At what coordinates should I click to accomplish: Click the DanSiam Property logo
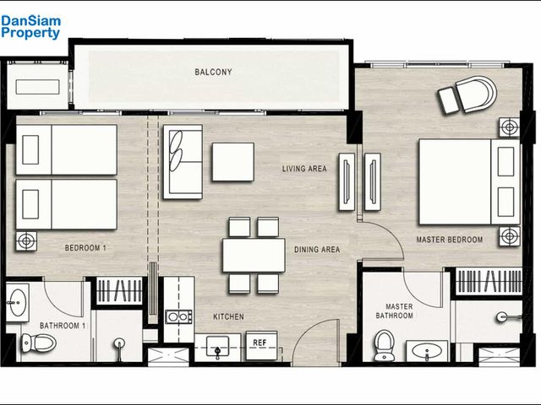coord(30,27)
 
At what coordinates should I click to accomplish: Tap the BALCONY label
coord(213,72)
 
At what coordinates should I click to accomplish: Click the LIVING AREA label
coord(304,169)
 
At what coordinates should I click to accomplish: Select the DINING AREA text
coord(317,250)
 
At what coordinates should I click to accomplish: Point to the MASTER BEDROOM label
coord(449,240)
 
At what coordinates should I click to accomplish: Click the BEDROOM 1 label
coord(85,247)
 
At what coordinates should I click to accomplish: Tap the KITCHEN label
coord(228,316)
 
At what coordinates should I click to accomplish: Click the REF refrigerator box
coord(261,345)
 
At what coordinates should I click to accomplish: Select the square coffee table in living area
coord(233,162)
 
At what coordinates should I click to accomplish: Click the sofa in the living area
coord(183,162)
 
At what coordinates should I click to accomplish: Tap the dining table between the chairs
coord(254,255)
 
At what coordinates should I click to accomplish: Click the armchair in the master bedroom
coord(469,94)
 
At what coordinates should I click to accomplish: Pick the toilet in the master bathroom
coord(383,345)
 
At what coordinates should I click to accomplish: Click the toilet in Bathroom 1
coord(38,343)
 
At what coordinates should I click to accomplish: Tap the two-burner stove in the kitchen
coord(178,317)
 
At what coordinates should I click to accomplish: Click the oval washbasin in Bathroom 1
coord(18,302)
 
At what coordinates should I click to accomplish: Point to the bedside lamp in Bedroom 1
coord(26,240)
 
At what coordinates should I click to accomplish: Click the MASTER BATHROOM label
coord(395,311)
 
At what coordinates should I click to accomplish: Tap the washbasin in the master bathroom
coord(427,351)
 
